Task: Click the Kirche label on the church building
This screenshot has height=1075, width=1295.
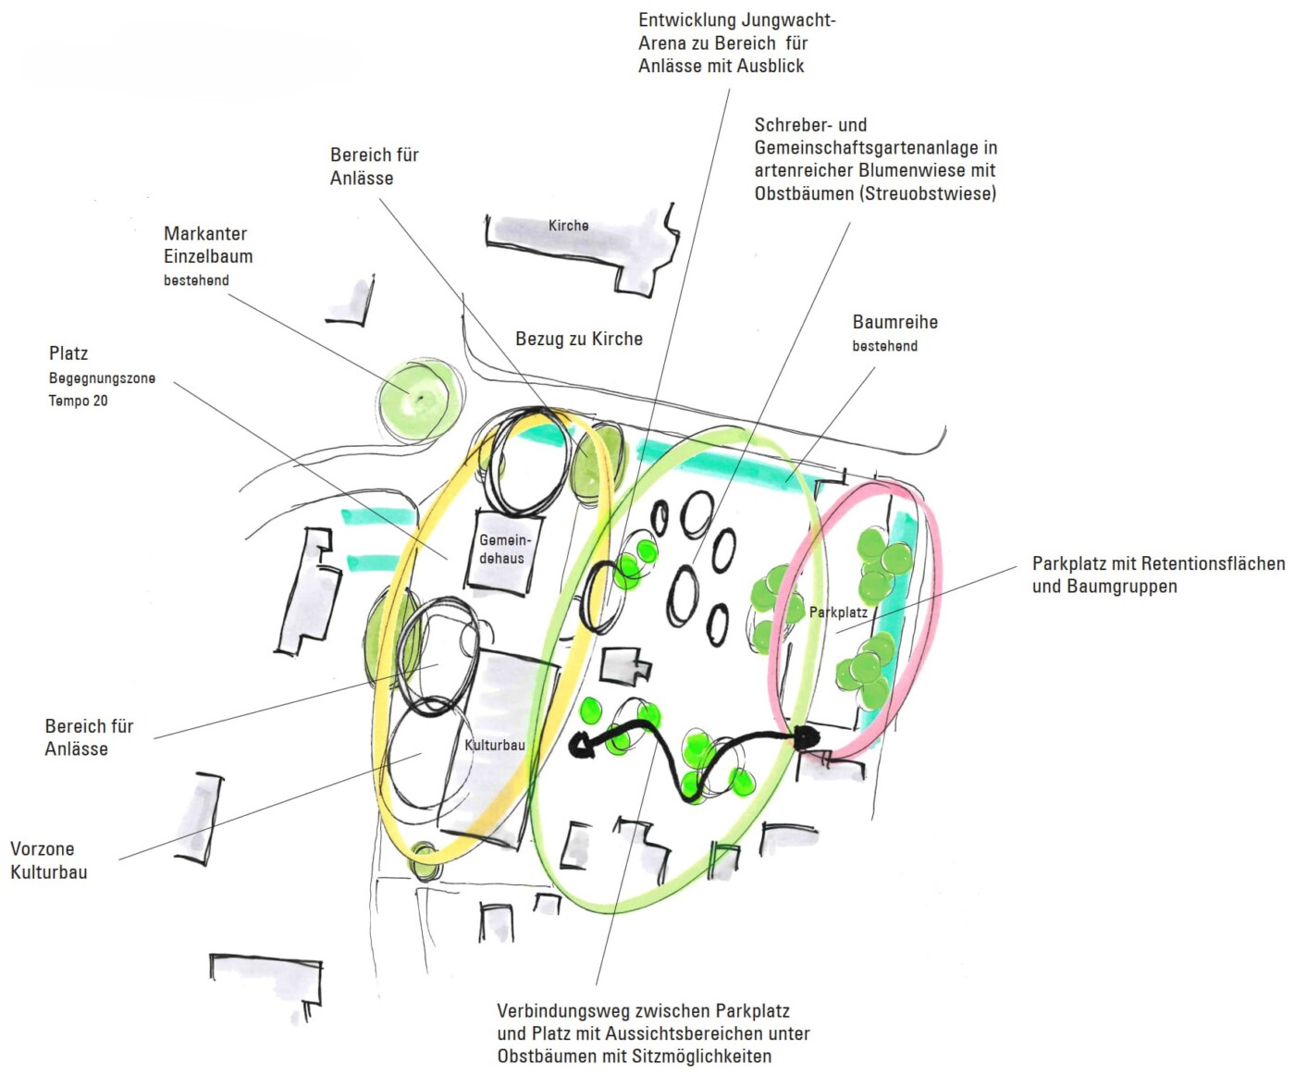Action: point(568,226)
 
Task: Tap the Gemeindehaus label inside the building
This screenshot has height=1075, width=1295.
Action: point(504,549)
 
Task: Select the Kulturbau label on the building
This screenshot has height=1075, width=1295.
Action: point(494,745)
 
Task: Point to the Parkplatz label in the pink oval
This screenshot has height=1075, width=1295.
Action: point(838,612)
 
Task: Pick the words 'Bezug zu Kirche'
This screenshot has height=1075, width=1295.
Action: point(578,339)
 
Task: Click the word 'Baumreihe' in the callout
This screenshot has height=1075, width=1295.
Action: point(894,322)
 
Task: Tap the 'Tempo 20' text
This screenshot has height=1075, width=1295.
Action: point(78,401)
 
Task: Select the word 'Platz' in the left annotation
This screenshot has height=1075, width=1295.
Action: point(68,353)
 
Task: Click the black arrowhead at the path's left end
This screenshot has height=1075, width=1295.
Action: point(581,745)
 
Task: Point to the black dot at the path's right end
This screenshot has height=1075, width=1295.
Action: point(807,737)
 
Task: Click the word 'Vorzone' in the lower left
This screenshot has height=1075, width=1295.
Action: point(42,849)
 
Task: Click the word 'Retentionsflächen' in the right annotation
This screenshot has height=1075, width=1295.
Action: point(1213,563)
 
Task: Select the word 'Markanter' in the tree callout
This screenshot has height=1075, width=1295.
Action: point(205,234)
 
